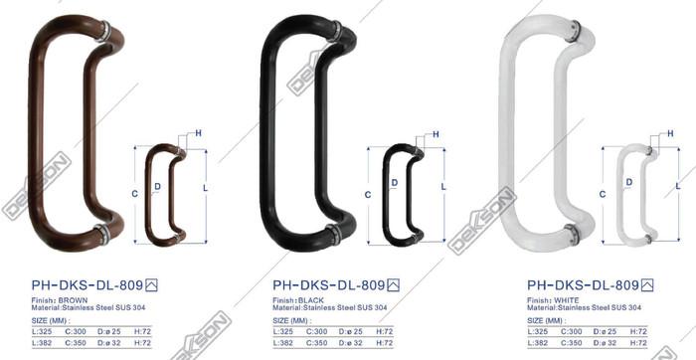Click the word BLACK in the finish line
pyautogui.click(x=312, y=299)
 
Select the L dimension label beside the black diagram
pyautogui.click(x=441, y=187)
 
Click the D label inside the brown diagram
pyautogui.click(x=157, y=185)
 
